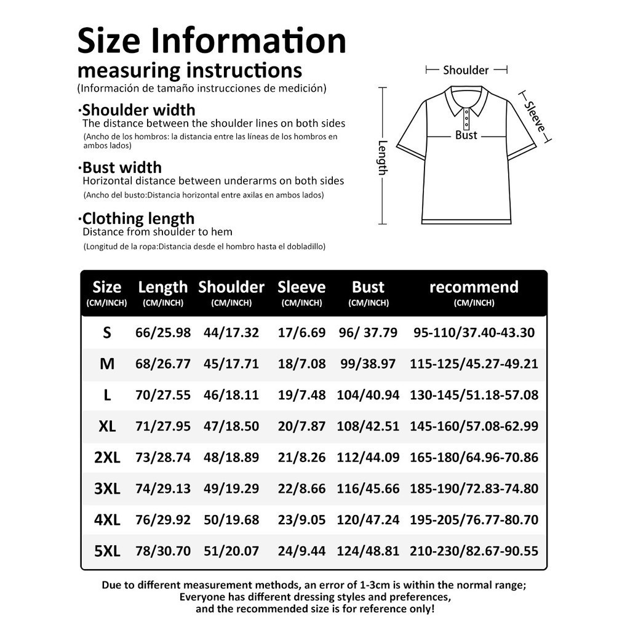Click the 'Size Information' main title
212,41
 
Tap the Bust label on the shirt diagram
466,135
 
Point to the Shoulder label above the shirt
466,70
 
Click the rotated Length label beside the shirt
382,157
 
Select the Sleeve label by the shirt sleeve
535,116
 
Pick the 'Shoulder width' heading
138,110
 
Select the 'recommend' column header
474,287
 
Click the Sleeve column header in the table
301,287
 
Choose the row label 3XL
107,489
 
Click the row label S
107,333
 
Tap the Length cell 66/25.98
163,333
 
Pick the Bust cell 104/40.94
368,395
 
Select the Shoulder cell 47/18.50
231,426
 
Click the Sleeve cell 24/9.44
301,551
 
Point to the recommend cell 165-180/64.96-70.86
474,458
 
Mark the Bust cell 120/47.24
368,520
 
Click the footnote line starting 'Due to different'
314,585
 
